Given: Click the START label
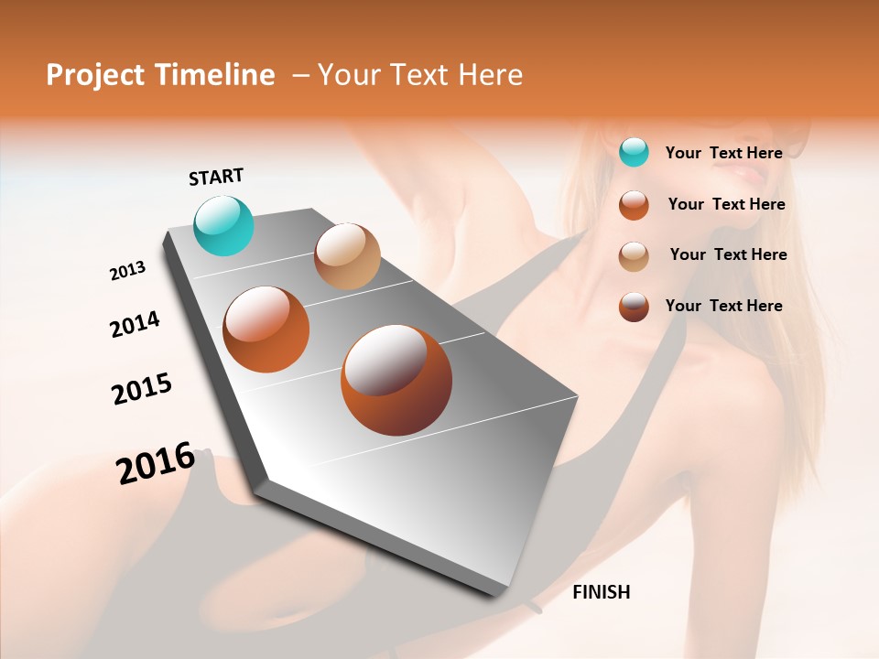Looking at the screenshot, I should pos(216,177).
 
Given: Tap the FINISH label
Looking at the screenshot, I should pos(601,592).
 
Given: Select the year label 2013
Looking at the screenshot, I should pos(127,271).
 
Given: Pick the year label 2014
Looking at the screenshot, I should pos(135,324).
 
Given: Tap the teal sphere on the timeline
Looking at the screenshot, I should pos(224,225).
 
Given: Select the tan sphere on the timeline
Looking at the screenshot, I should pos(347,256).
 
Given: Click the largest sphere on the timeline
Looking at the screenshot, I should pos(396,380).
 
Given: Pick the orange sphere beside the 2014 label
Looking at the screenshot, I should pos(266,329).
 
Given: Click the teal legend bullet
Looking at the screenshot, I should pos(634,152).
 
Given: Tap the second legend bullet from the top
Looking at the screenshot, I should pos(634,204).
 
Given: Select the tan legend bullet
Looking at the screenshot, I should pos(634,255).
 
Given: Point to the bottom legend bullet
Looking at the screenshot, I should pos(634,307).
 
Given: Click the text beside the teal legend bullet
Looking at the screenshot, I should pos(723,153).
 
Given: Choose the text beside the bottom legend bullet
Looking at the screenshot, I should pos(723,306).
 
